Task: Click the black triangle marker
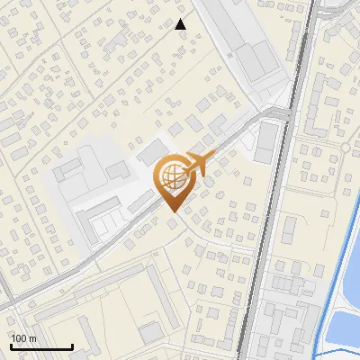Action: (x=181, y=25)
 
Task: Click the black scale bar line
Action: (x=41, y=347)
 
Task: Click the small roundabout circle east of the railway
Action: (x=345, y=147)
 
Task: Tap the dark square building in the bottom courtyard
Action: (x=150, y=333)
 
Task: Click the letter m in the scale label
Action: (x=32, y=338)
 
